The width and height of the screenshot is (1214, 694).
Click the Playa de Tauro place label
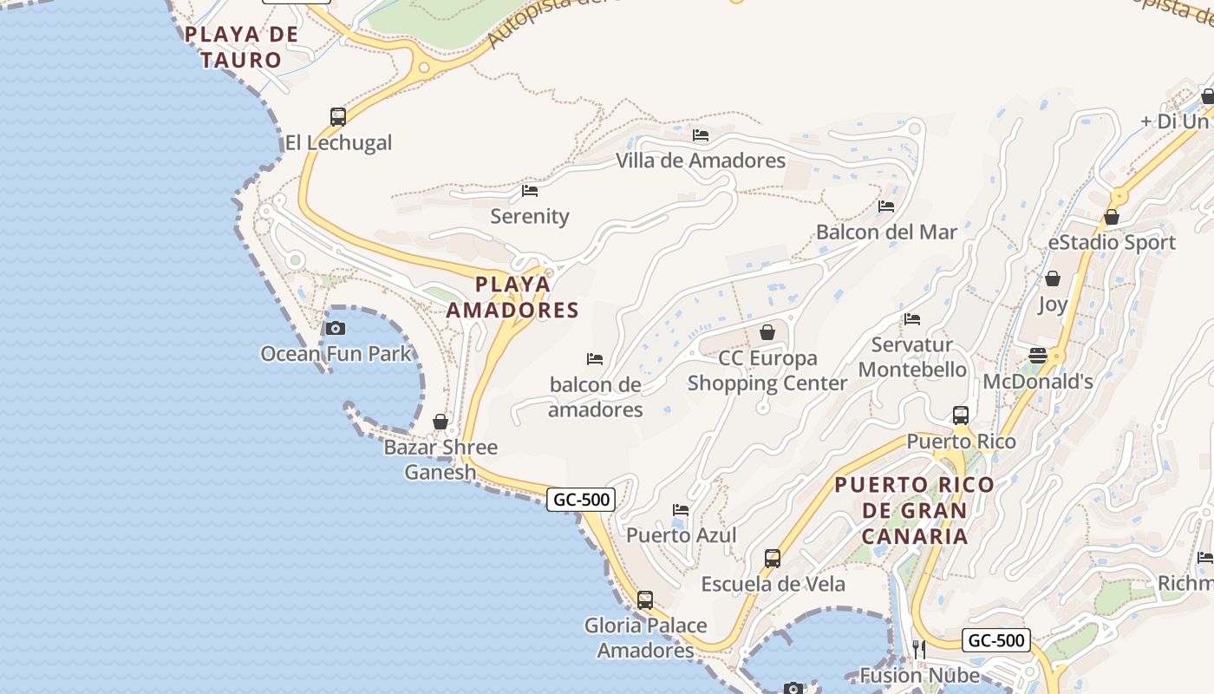[241, 47]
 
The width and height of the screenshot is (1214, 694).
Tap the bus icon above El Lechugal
[338, 116]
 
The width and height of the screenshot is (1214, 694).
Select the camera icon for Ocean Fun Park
[336, 328]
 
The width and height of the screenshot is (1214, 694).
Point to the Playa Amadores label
[512, 297]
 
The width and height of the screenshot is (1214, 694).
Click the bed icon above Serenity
[530, 190]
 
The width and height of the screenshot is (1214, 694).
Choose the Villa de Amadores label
[701, 160]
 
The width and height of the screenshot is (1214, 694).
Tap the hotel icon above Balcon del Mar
[886, 206]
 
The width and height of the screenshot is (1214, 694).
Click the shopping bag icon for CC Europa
[767, 332]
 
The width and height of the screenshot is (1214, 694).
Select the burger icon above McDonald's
[1038, 355]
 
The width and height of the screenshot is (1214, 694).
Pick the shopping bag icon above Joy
[1053, 278]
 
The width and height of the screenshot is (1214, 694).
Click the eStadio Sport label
[1112, 243]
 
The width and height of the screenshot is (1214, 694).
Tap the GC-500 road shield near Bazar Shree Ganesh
[581, 499]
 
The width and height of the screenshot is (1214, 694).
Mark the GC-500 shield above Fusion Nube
[996, 641]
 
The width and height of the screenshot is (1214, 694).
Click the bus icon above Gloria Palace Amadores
[645, 599]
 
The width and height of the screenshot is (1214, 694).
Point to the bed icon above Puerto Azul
[681, 509]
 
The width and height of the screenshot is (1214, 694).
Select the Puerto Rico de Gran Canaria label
[914, 510]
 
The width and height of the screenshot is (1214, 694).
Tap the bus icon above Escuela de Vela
[773, 559]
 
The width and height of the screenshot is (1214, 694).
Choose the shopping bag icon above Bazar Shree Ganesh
[441, 422]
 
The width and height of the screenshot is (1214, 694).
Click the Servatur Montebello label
[912, 357]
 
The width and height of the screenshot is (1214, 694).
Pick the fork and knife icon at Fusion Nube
[919, 650]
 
